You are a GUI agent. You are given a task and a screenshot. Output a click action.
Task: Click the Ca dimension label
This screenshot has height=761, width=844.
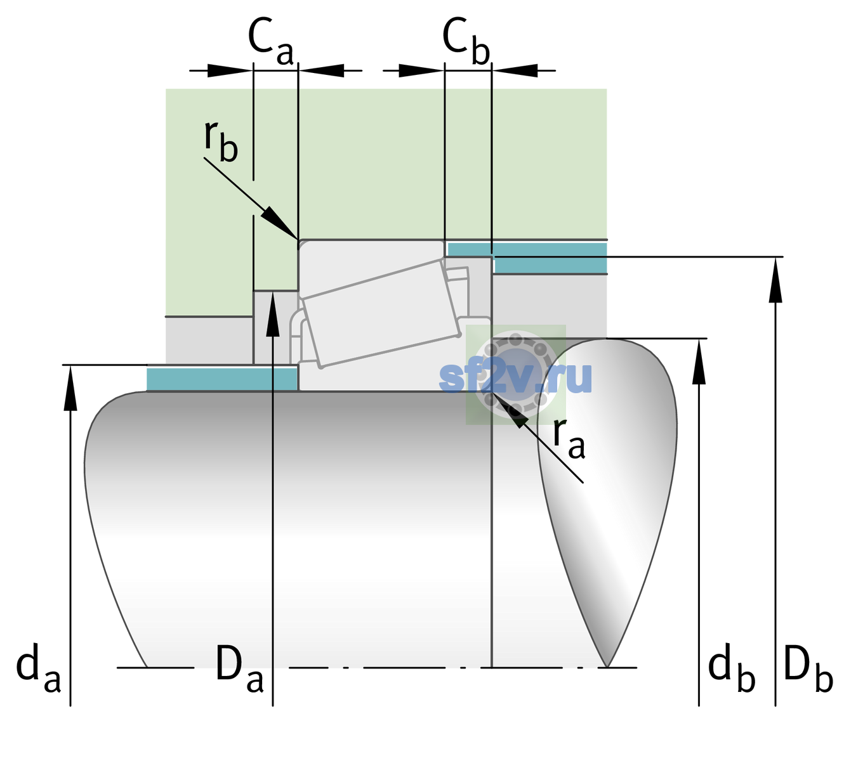[x=271, y=41]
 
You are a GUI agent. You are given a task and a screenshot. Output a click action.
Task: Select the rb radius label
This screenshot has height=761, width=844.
[x=221, y=141]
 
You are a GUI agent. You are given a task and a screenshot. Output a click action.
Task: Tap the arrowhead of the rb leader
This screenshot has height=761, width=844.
[x=280, y=223]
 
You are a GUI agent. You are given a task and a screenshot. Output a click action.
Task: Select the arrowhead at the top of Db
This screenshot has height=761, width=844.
[x=775, y=279]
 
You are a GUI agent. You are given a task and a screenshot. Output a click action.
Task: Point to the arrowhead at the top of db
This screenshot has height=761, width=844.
[x=699, y=361]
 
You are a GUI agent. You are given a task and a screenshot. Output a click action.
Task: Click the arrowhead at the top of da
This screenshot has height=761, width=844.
[x=70, y=387]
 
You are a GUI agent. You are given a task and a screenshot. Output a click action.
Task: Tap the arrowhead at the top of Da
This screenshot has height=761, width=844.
[x=273, y=314]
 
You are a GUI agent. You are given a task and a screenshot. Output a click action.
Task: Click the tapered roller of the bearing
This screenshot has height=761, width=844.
[x=381, y=313]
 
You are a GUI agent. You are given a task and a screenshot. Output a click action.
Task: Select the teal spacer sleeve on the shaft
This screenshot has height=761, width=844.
[x=221, y=379]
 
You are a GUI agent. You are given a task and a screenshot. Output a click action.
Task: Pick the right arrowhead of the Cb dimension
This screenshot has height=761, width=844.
[x=515, y=70]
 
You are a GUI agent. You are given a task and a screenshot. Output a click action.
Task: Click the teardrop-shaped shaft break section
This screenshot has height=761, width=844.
[x=607, y=500]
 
